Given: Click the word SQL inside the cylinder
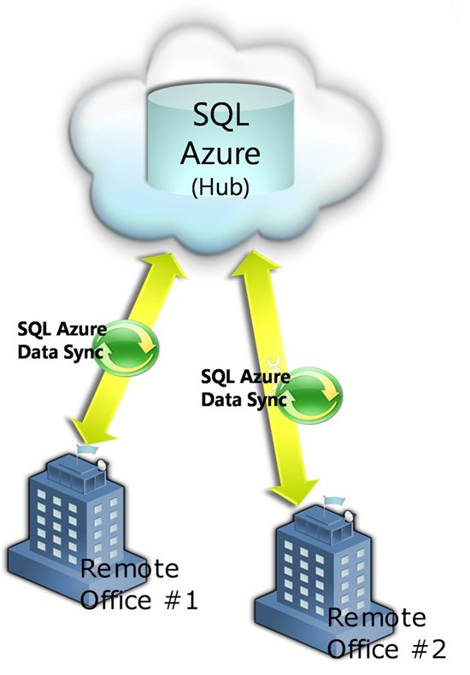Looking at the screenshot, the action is [x=221, y=114].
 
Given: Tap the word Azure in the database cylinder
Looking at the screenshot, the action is [x=220, y=153].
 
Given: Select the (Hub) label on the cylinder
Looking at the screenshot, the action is [x=220, y=187].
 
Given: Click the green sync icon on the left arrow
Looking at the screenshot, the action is [x=126, y=348].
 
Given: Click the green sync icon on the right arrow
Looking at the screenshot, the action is [x=309, y=396].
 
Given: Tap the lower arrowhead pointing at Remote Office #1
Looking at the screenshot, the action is [x=91, y=431].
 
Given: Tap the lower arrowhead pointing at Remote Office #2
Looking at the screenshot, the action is [x=296, y=490].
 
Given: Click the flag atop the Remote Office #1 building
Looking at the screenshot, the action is [x=87, y=449].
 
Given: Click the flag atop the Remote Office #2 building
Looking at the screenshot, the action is [x=334, y=501].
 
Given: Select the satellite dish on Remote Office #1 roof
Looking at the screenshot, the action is [x=103, y=465].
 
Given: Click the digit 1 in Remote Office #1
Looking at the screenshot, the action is [x=190, y=600].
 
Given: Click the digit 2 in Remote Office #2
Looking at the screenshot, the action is [x=438, y=649].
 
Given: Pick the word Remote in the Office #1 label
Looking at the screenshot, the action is [x=130, y=568].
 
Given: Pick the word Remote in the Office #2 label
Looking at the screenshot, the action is [x=377, y=618].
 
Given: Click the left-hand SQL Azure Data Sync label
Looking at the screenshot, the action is [x=62, y=341].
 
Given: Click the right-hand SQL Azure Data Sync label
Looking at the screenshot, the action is [x=245, y=388].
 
